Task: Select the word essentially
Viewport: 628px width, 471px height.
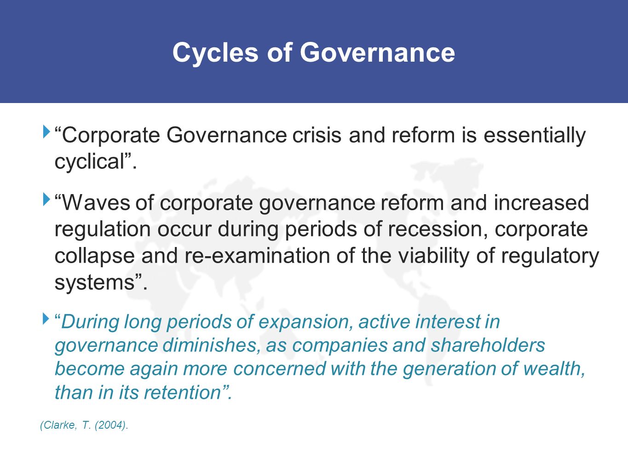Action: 534,135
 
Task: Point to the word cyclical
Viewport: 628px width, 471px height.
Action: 90,162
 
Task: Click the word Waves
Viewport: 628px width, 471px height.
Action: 96,203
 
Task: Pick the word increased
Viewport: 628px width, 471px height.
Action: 541,203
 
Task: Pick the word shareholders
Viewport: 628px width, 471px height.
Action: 488,345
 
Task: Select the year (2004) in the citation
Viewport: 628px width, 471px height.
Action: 109,425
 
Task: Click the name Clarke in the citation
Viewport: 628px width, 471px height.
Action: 59,425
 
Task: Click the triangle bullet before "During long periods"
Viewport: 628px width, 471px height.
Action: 46,318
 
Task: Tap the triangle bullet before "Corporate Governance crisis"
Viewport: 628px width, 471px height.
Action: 46,132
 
